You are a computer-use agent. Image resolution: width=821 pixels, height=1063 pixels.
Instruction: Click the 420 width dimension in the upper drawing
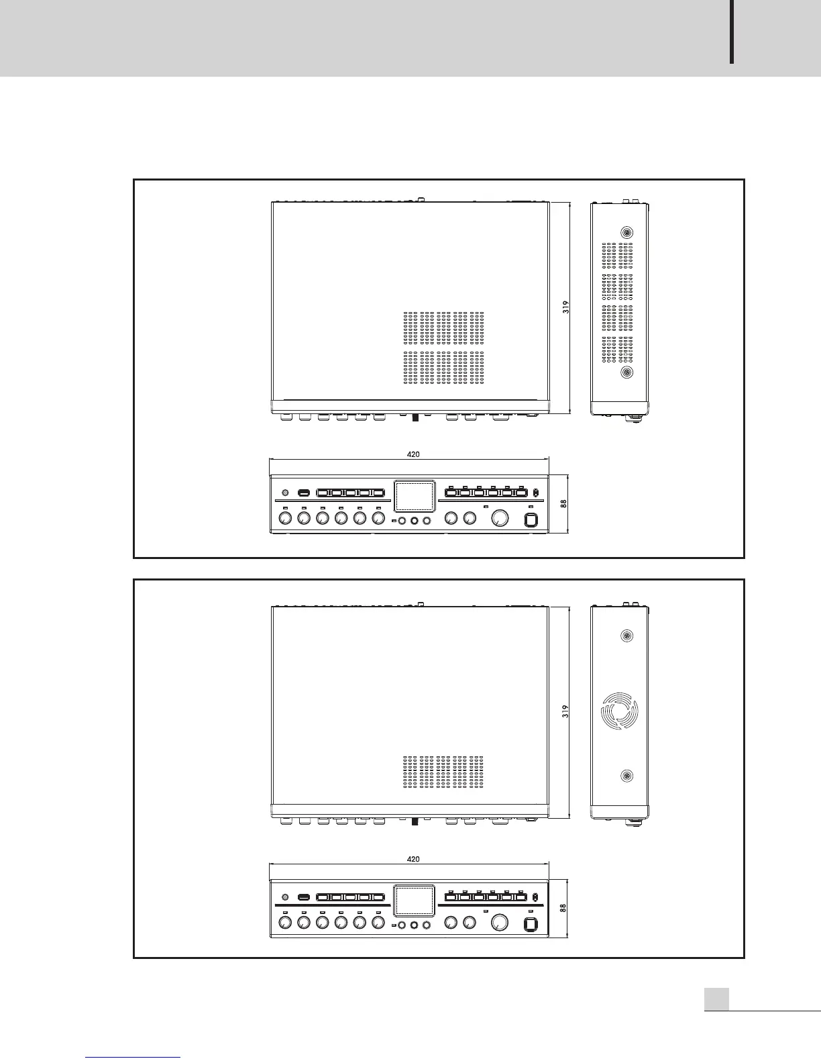click(413, 454)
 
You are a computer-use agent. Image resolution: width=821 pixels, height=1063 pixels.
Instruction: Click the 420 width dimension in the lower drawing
click(413, 859)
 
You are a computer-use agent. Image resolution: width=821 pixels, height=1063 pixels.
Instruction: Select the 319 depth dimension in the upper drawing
click(566, 307)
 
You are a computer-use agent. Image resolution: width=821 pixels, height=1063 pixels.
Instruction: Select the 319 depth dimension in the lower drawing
click(566, 711)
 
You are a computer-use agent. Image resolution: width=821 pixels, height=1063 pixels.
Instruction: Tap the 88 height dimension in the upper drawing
click(564, 503)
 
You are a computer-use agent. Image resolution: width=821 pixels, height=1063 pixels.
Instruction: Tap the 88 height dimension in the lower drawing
click(564, 908)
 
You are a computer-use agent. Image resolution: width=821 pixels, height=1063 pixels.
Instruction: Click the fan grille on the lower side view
click(620, 709)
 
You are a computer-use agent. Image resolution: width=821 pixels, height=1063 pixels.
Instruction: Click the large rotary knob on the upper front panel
click(500, 519)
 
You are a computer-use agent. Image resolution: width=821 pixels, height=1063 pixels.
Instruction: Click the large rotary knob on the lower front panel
click(499, 923)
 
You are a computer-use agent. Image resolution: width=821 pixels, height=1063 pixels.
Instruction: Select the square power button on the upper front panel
click(531, 519)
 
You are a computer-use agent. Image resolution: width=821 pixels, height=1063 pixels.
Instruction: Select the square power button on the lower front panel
click(531, 924)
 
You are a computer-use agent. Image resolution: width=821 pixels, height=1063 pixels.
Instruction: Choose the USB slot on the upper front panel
click(303, 493)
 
